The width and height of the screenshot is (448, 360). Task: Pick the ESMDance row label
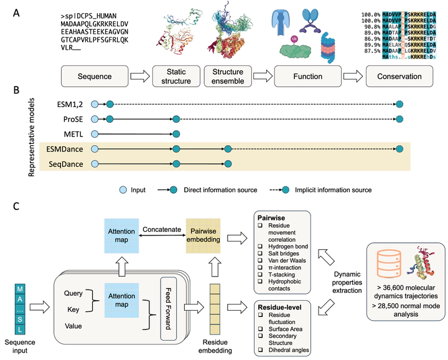[x=65, y=149]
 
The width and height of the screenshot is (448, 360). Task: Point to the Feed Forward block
[x=167, y=296]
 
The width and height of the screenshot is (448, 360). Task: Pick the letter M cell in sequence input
[x=21, y=288]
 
